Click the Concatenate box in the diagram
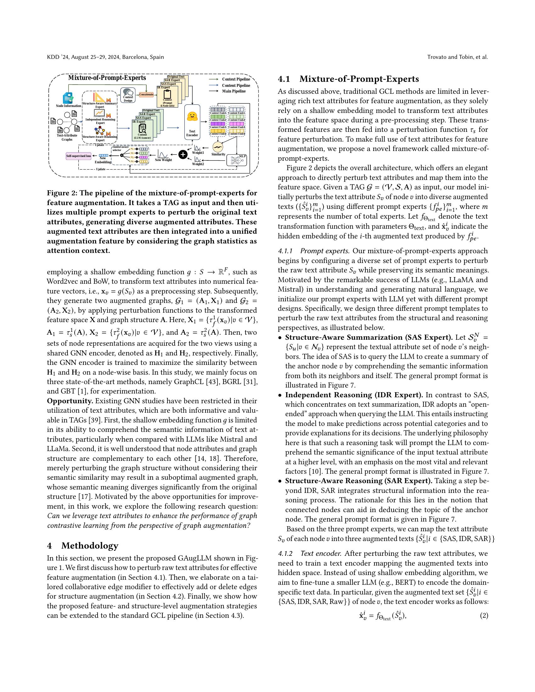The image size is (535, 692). point(146,94)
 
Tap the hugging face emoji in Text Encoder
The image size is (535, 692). point(192,117)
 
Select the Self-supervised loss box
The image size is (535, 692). point(78,156)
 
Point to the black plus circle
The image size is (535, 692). point(183,154)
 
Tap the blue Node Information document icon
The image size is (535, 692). point(68,98)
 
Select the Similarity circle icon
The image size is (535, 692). point(218,147)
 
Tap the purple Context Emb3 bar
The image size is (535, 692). point(217,124)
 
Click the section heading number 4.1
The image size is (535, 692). point(284,79)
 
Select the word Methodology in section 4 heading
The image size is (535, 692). point(90,546)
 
